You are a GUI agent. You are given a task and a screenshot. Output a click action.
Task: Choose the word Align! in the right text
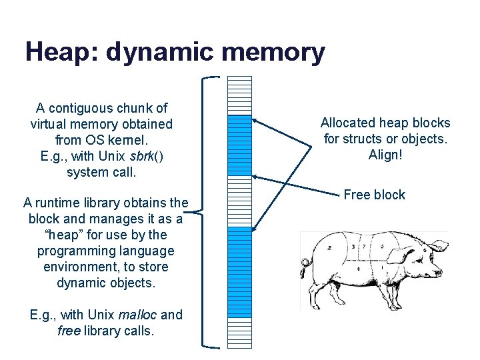click(x=385, y=155)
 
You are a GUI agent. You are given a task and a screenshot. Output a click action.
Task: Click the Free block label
click(x=374, y=195)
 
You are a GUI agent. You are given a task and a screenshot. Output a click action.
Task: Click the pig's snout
click(x=441, y=271)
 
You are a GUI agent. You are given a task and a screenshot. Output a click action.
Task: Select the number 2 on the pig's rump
click(x=329, y=247)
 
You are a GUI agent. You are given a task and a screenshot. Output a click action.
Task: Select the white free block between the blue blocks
click(x=239, y=200)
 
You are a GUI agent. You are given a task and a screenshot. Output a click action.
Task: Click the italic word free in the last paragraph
click(x=69, y=331)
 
